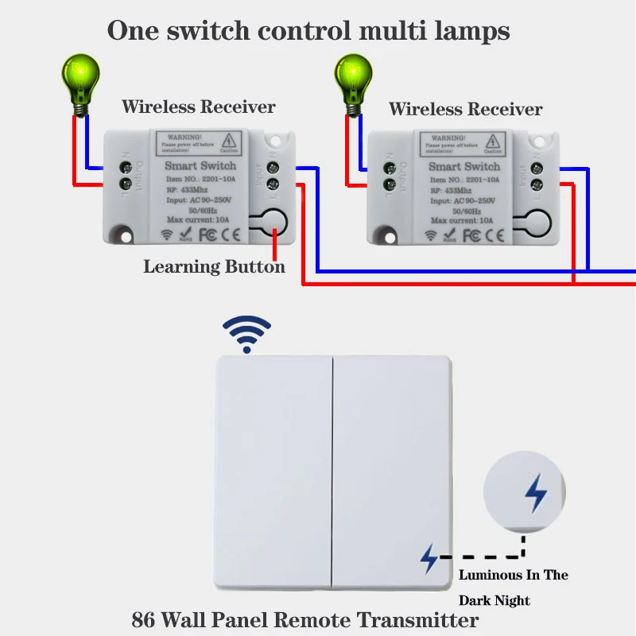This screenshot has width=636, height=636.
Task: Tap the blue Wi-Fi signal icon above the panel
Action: point(246,334)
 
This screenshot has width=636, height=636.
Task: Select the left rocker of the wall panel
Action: point(273,474)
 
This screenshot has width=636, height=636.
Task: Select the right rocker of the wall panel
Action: point(393,474)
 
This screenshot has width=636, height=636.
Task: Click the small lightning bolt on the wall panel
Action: point(429,559)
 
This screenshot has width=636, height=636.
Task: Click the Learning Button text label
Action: point(214,267)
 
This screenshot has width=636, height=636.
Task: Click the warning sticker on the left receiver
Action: point(199,143)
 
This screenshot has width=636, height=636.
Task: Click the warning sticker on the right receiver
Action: point(463,143)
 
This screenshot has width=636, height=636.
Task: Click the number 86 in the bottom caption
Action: point(144,619)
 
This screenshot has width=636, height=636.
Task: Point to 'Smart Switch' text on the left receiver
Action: point(200,165)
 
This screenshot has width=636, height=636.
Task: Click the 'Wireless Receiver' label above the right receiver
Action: point(465,109)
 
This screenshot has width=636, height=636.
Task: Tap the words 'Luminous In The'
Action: point(514,575)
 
